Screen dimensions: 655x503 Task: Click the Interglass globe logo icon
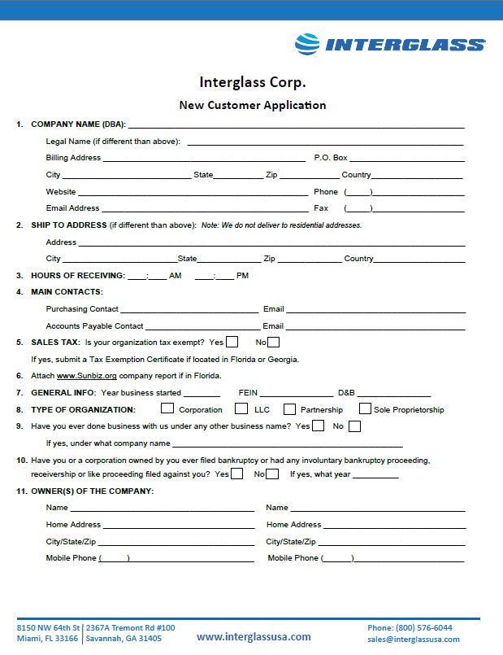[307, 43]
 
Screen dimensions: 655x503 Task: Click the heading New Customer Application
[252, 105]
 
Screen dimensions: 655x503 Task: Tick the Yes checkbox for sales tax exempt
[232, 342]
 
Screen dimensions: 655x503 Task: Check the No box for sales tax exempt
[274, 342]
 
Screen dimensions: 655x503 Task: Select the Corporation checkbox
[167, 408]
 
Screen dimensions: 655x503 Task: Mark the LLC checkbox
[242, 408]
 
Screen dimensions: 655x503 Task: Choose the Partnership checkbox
[289, 408]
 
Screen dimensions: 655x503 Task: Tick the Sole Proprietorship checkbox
[365, 408]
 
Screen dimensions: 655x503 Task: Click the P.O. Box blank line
[406, 159]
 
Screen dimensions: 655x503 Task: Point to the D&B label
[346, 393]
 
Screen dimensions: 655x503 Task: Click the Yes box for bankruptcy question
[236, 474]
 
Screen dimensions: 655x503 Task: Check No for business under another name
[354, 426]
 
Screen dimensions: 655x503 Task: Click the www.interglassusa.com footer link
[254, 637]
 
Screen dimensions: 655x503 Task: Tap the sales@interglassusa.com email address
[413, 640]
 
